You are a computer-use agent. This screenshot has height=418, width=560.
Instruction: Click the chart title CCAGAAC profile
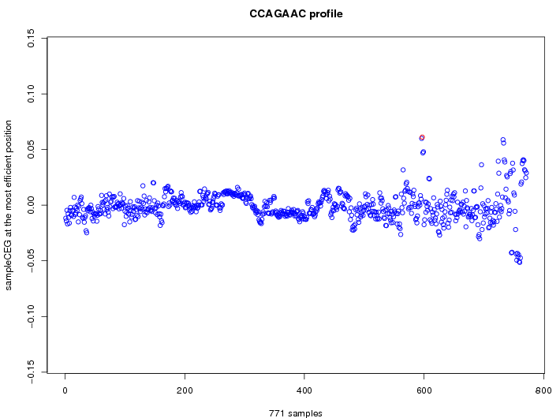(x=296, y=14)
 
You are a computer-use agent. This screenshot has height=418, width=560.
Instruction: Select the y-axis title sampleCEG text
(x=9, y=205)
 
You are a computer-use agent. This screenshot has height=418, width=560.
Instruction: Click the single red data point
(x=422, y=138)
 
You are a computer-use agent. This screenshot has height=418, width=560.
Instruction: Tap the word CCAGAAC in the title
(x=276, y=14)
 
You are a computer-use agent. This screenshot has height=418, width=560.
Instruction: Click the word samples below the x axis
(x=304, y=412)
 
